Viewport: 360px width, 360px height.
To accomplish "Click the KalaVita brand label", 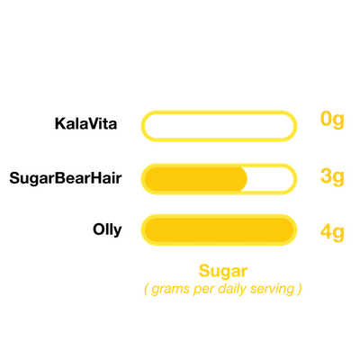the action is click(x=85, y=123).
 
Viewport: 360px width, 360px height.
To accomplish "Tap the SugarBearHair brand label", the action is click(x=66, y=178).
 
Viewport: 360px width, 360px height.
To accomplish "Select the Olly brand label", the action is click(x=107, y=230).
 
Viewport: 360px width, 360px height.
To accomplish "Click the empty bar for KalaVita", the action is click(x=219, y=112).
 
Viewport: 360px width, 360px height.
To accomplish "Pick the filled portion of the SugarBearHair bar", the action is click(x=196, y=179).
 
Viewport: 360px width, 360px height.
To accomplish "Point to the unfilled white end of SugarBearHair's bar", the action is click(x=270, y=179).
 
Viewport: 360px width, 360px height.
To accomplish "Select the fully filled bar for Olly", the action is click(x=219, y=230).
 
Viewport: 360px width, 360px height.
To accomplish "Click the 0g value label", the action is click(x=332, y=121).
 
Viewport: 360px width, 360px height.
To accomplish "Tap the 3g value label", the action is click(x=332, y=177).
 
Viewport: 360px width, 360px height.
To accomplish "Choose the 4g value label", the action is click(x=332, y=233).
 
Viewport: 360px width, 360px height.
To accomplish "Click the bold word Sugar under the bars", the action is click(x=223, y=272).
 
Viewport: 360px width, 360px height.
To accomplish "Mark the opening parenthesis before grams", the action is click(x=147, y=289).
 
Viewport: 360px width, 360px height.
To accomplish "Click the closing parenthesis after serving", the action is click(x=300, y=289).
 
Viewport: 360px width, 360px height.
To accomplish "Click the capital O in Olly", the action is click(x=99, y=229).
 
